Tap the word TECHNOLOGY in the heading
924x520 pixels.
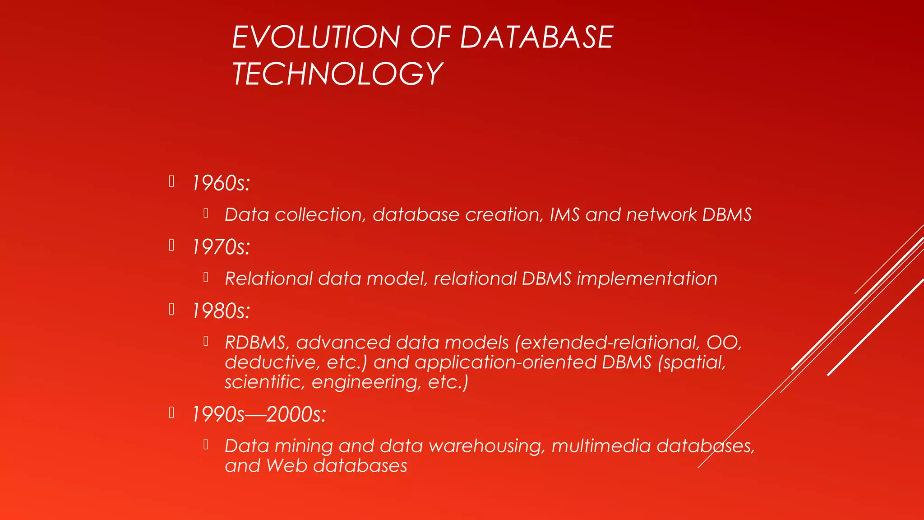[337, 74]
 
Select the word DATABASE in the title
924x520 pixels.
[536, 37]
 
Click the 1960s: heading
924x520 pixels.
[221, 183]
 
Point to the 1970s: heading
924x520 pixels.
[221, 247]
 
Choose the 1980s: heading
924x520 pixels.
[221, 311]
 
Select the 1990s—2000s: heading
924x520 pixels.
[259, 414]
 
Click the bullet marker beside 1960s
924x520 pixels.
[171, 182]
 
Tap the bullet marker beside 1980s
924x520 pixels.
[171, 310]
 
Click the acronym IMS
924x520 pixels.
[564, 215]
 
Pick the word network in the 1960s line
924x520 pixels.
[661, 215]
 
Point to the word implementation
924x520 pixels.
[647, 279]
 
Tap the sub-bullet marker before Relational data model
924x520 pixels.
[206, 278]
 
